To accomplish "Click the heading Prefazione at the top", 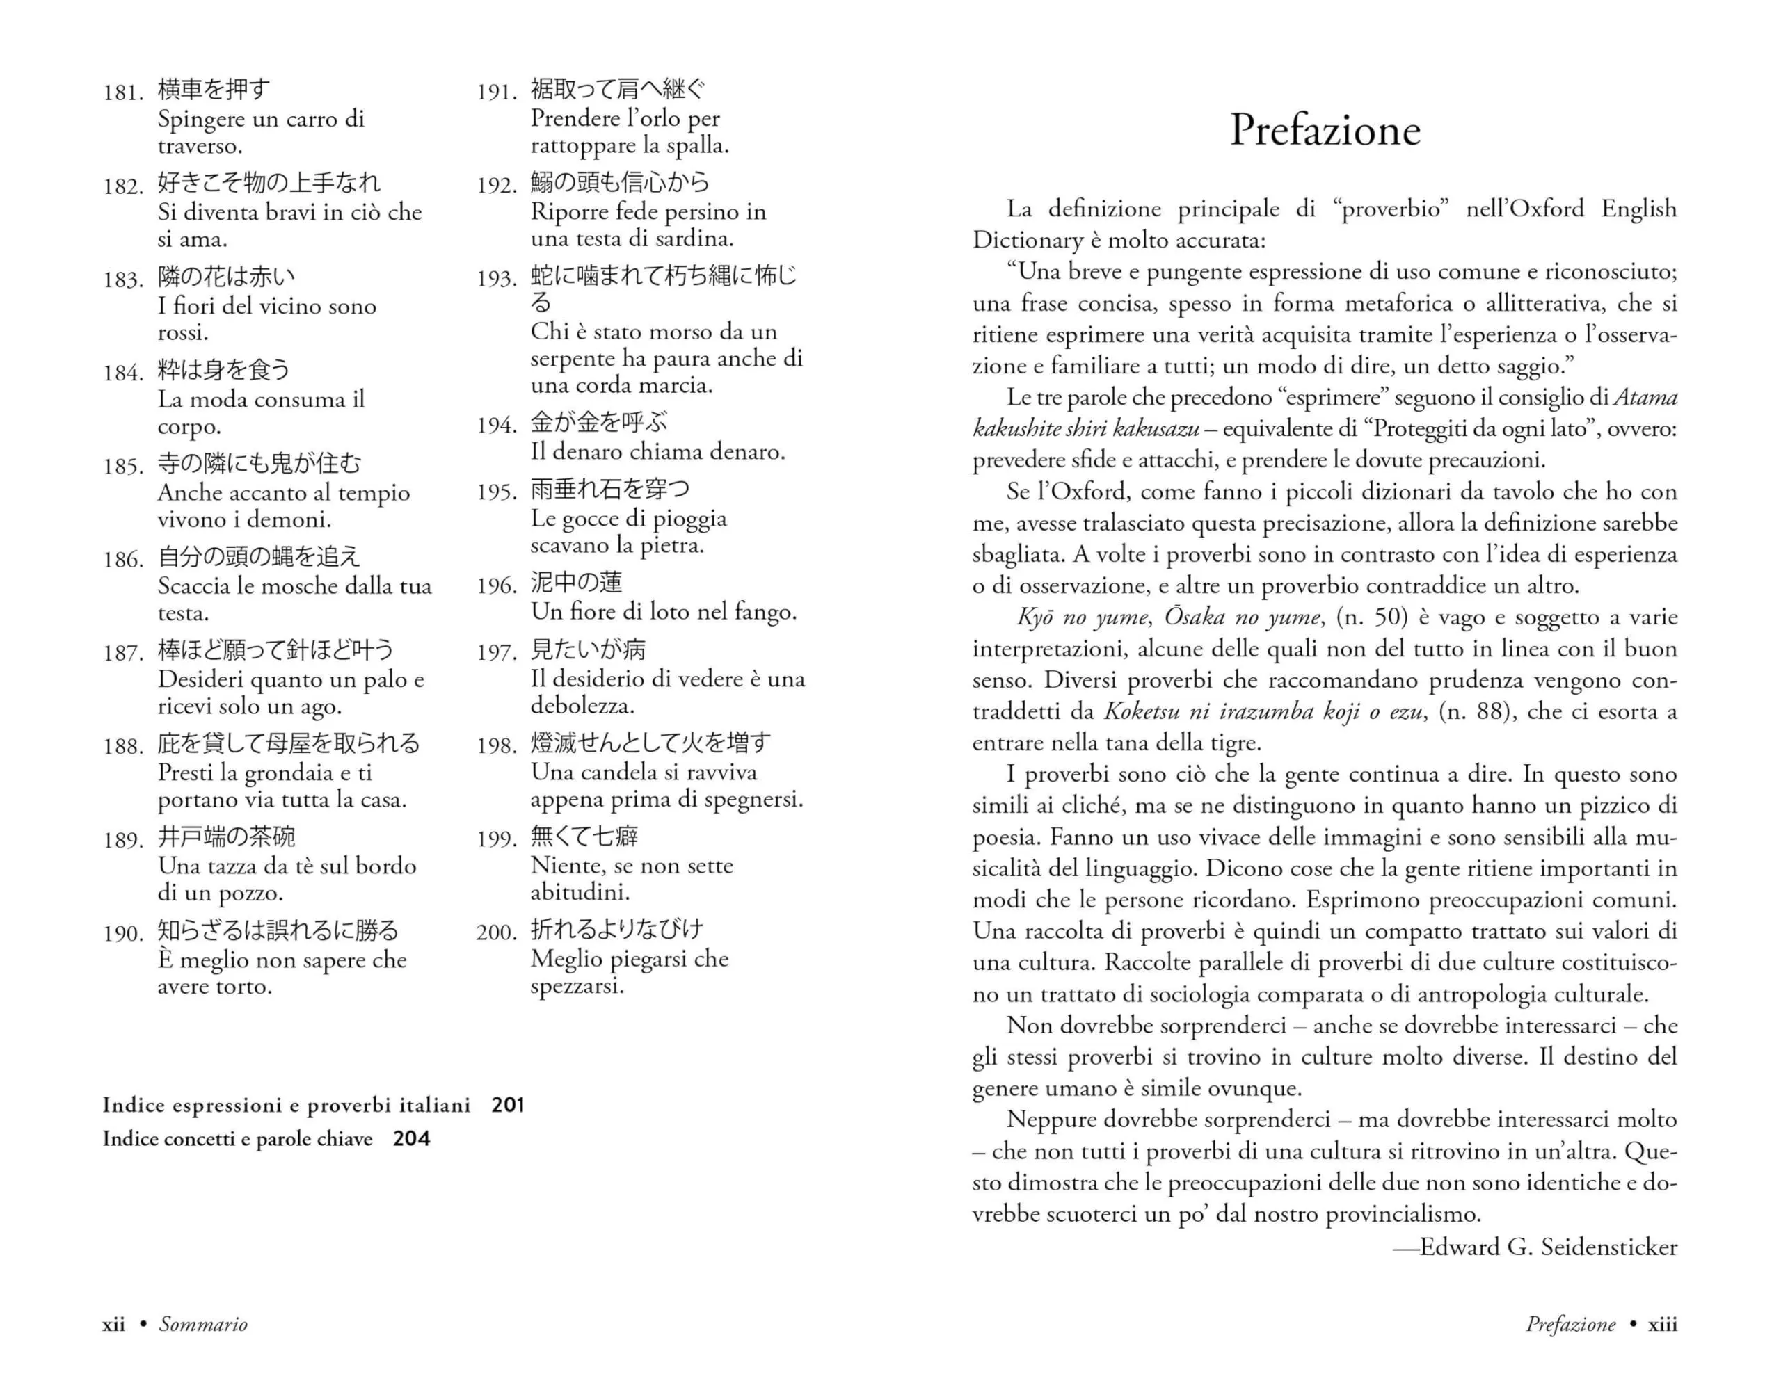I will [1325, 131].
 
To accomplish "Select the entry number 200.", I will [497, 932].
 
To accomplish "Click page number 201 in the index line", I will [508, 1106].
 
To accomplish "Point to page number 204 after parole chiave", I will [411, 1139].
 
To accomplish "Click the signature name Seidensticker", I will [1609, 1247].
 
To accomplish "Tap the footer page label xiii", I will [1662, 1325].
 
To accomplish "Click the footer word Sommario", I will [203, 1325].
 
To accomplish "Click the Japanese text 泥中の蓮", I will [577, 582].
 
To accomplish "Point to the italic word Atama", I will [1645, 398].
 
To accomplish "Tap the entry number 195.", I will [497, 492].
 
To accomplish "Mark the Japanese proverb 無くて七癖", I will [584, 837].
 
